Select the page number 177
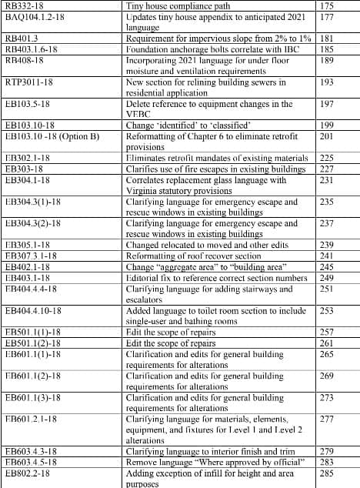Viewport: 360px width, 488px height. click(325, 16)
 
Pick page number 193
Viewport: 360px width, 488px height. click(325, 82)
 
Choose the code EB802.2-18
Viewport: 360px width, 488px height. click(32, 473)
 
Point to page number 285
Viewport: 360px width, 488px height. click(325, 473)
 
